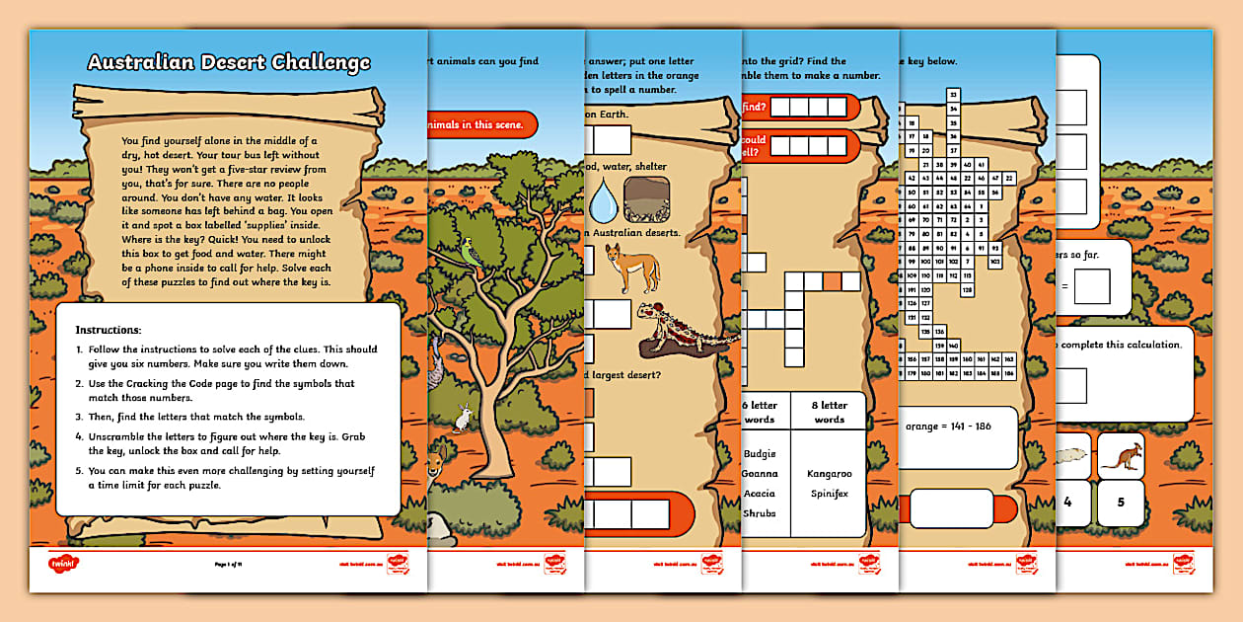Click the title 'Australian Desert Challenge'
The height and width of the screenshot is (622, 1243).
click(229, 63)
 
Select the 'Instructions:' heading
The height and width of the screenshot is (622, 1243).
click(109, 329)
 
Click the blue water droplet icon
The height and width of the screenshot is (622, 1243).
click(602, 201)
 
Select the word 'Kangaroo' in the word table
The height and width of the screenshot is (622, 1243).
click(829, 474)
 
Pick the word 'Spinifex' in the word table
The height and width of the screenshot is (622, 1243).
click(829, 493)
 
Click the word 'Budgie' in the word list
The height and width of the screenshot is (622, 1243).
click(760, 454)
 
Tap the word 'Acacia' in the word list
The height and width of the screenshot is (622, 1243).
click(760, 493)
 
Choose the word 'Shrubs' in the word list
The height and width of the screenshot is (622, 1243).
click(760, 512)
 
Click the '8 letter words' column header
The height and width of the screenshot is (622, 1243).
click(829, 412)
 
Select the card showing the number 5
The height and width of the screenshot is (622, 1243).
click(1121, 503)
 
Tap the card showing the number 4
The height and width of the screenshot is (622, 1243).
click(1067, 503)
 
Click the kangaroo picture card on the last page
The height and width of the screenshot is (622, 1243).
click(1121, 456)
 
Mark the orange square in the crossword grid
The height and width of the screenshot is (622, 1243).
click(832, 282)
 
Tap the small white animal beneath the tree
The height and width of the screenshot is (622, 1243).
click(462, 420)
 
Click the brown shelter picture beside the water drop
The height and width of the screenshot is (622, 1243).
click(647, 201)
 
